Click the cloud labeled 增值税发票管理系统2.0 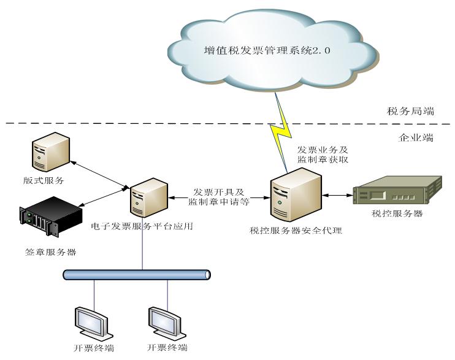coord(266,52)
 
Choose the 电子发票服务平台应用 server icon coord(147,197)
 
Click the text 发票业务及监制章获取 coord(323,154)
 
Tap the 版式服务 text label coord(42,181)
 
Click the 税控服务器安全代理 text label coord(296,231)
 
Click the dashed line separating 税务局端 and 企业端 coord(184,124)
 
